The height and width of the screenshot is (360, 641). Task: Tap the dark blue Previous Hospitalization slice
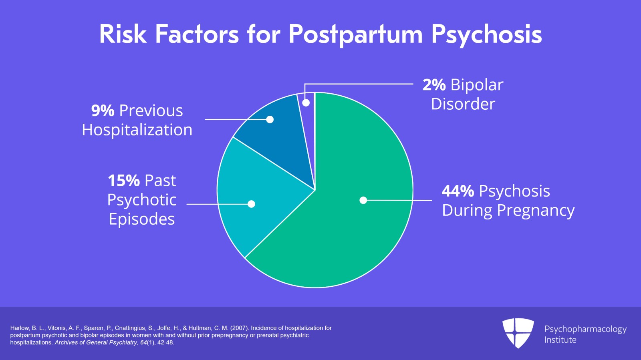coord(280,136)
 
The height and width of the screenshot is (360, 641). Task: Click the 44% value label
coord(458,191)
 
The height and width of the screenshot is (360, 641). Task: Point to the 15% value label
coord(124,181)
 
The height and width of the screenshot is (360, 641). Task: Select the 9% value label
coord(103,111)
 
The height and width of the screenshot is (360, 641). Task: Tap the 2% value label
coord(434,85)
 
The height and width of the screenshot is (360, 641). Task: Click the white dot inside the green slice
coord(363,200)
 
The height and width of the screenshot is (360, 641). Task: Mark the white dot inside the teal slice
coord(251,204)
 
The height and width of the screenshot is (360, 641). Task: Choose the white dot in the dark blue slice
coord(270,119)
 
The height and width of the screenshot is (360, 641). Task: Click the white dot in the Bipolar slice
coord(306,103)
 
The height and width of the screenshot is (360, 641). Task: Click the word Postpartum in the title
coord(355,34)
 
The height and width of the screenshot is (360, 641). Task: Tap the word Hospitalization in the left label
coord(137,130)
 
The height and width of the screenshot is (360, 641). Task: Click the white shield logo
coord(518,333)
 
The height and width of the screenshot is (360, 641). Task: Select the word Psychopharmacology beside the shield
coord(585,329)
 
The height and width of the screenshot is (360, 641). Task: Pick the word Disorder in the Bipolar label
coord(463,104)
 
